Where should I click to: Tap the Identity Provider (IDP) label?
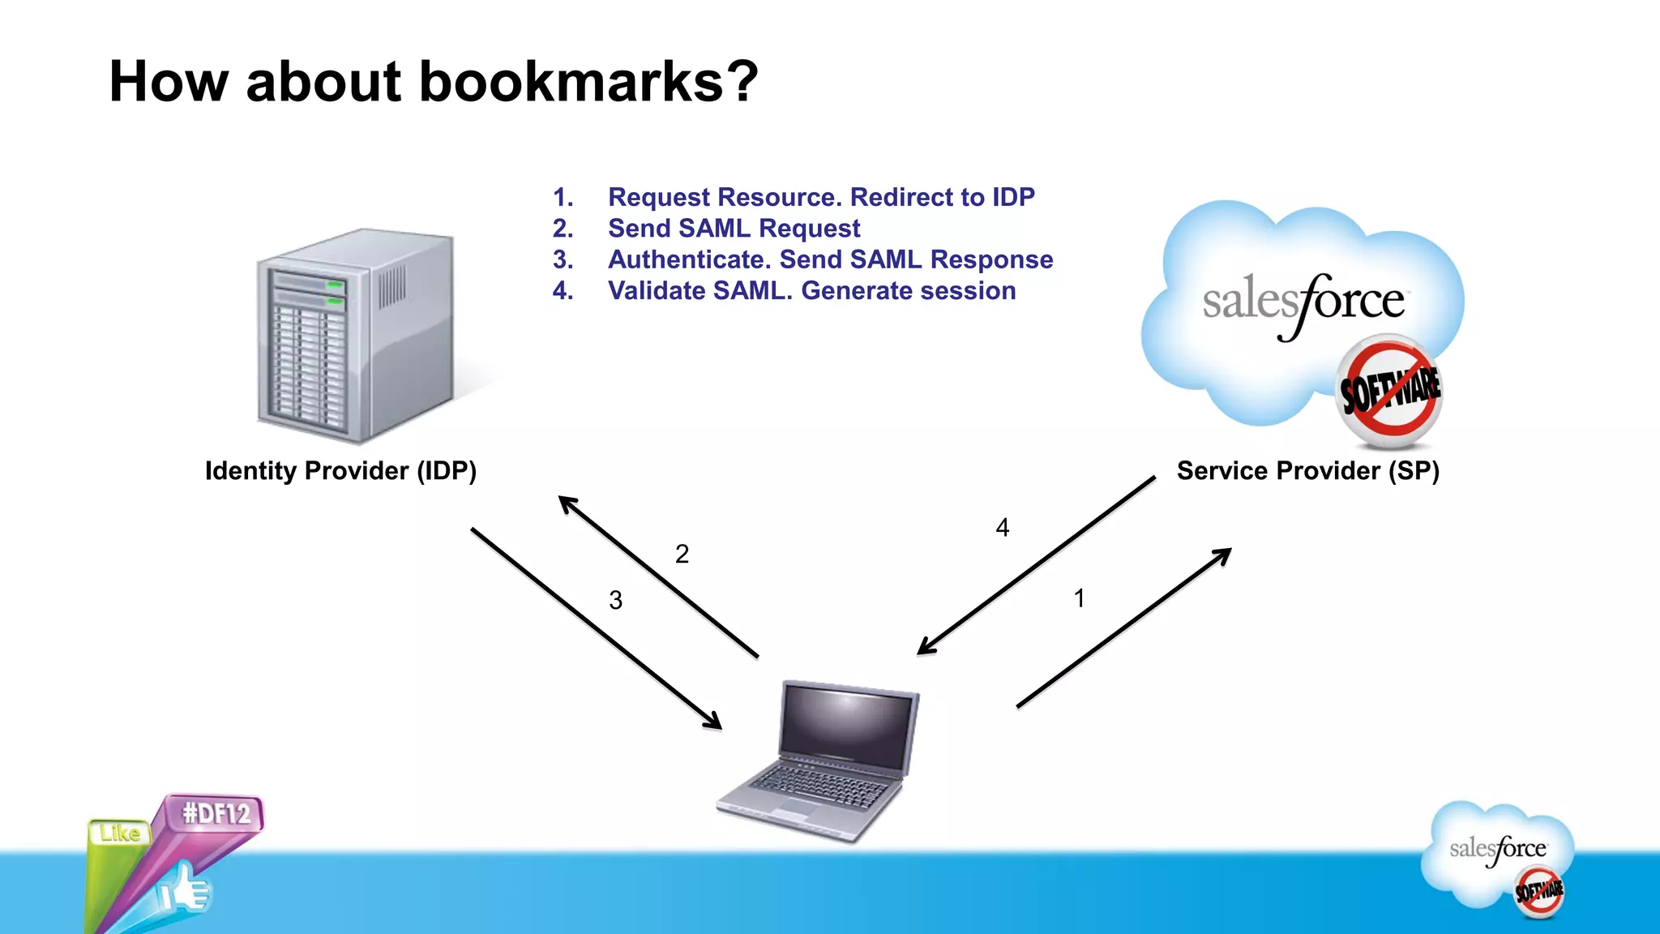point(340,471)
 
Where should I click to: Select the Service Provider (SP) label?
point(1307,471)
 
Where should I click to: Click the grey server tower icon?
point(356,336)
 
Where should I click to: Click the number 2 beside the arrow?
point(682,554)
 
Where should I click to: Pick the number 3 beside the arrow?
point(616,600)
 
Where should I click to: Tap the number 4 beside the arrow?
point(1003,528)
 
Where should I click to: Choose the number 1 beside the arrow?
point(1079,598)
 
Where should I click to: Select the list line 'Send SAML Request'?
point(734,229)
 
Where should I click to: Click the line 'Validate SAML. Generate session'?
point(811,291)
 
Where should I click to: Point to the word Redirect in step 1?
point(901,197)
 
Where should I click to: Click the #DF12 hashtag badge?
point(216,813)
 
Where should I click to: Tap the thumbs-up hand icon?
point(185,891)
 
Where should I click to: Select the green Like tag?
point(120,833)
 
